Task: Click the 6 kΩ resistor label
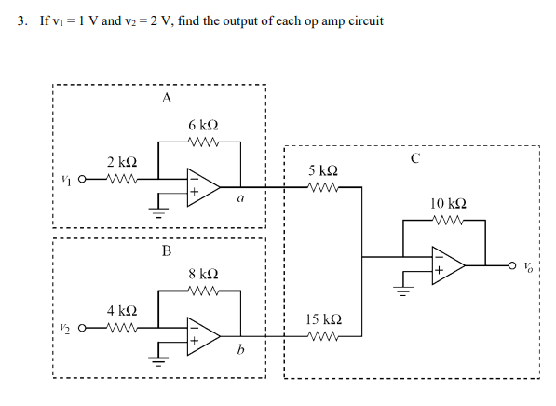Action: coord(203,125)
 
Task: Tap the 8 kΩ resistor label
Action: coord(203,274)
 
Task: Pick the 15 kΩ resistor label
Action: coord(322,320)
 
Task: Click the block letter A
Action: coord(166,97)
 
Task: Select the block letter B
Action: coord(166,250)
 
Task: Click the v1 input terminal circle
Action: coord(84,181)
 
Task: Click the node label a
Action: coord(241,197)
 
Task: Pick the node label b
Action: coord(240,350)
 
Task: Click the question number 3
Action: coord(21,20)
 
